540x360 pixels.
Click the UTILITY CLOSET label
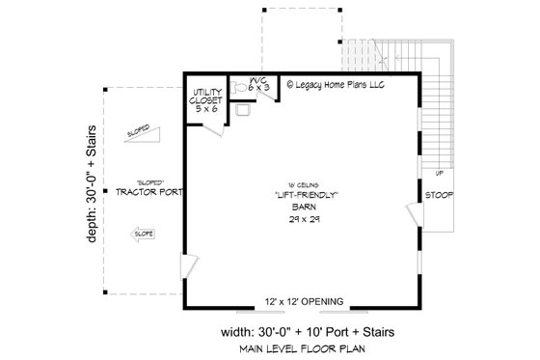pyautogui.click(x=204, y=97)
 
